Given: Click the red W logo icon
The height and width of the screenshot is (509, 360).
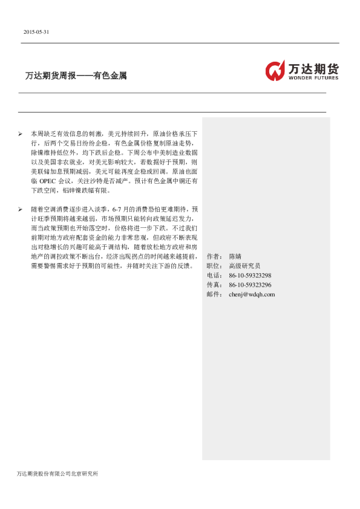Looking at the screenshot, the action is [275, 70].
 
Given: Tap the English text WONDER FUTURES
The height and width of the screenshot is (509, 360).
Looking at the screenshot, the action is [313, 78].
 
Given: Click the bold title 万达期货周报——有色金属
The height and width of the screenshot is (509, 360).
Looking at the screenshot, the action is [76, 77].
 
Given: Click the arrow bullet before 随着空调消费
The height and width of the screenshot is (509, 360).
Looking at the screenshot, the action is [21, 209].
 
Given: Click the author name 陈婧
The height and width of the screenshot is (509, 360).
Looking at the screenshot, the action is [235, 256].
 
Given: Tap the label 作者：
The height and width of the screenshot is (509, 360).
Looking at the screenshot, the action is [214, 256].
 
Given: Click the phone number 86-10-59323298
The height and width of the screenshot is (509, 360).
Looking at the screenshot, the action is [250, 276].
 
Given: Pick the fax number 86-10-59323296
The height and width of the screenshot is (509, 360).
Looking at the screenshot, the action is [250, 285].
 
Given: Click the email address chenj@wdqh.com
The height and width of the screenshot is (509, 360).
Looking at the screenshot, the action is [252, 294].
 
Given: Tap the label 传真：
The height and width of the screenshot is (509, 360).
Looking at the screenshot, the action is [214, 285].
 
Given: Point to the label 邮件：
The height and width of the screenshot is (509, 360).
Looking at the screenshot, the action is [214, 294].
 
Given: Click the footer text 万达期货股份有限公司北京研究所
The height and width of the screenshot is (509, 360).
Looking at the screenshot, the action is [57, 473].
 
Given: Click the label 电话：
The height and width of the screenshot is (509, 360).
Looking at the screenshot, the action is [214, 276].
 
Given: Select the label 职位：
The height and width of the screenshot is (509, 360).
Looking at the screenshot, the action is [214, 266].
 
